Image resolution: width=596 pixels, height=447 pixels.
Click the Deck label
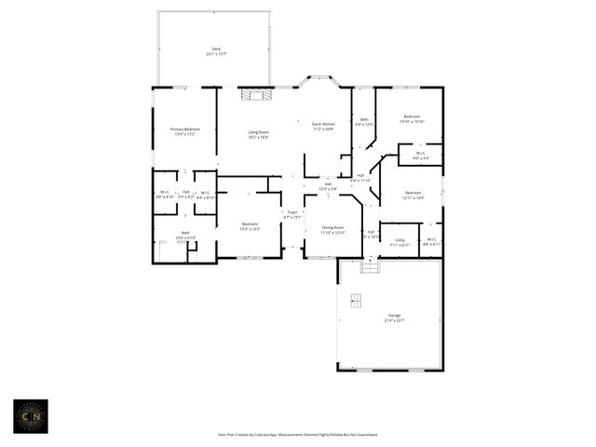click(215, 52)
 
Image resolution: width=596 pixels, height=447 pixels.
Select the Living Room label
click(259, 134)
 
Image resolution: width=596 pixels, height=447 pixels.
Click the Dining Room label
click(332, 229)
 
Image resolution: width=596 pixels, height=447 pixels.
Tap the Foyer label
click(292, 214)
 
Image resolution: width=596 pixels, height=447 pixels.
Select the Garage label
click(394, 318)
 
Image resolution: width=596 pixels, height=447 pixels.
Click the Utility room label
click(399, 241)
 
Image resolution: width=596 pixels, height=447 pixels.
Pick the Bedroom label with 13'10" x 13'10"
click(412, 119)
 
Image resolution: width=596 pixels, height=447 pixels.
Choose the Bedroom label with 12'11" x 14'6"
click(413, 196)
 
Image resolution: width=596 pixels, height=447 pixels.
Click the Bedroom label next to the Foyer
click(250, 225)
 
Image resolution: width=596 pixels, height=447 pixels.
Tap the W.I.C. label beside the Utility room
click(431, 241)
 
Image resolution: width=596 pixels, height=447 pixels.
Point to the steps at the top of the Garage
click(371, 267)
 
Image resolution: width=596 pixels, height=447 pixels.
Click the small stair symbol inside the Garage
click(355, 300)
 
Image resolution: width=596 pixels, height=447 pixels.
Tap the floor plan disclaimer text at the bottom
click(298, 434)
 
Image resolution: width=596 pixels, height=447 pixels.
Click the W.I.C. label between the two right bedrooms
click(420, 155)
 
